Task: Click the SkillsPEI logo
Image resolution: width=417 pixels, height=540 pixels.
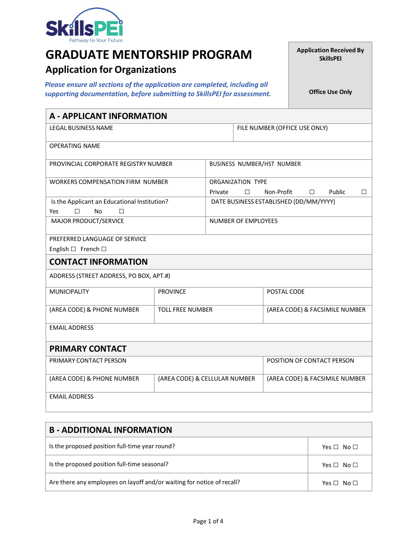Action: pyautogui.click(x=84, y=25)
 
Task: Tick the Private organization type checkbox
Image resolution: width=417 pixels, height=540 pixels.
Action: pyautogui.click(x=247, y=192)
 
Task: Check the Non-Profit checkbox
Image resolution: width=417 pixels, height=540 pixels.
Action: pyautogui.click(x=312, y=192)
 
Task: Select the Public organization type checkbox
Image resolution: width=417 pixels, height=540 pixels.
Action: pyautogui.click(x=364, y=192)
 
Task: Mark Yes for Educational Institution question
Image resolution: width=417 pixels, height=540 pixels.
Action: pyautogui.click(x=77, y=211)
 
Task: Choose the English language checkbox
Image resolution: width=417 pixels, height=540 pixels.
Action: pyautogui.click(x=73, y=249)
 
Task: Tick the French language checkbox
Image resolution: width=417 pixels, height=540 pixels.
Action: pyautogui.click(x=104, y=249)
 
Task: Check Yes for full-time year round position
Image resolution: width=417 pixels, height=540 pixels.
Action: pyautogui.click(x=336, y=447)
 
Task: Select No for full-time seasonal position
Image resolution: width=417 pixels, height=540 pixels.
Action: pyautogui.click(x=356, y=465)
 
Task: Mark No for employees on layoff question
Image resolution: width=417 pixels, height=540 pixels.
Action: pyautogui.click(x=356, y=483)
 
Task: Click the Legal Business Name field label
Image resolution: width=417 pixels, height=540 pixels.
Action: pyautogui.click(x=81, y=128)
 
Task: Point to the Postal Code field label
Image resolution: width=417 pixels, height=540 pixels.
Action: pyautogui.click(x=285, y=292)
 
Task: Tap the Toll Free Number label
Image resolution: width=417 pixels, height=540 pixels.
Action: pyautogui.click(x=185, y=310)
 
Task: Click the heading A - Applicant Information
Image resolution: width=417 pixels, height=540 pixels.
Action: pyautogui.click(x=108, y=116)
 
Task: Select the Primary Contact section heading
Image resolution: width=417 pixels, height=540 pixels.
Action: pyautogui.click(x=88, y=349)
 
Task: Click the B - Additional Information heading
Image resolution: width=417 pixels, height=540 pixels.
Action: pyautogui.click(x=111, y=430)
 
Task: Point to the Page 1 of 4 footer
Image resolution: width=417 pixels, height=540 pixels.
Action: pyautogui.click(x=208, y=521)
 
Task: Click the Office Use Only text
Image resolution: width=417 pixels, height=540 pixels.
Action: pyautogui.click(x=330, y=92)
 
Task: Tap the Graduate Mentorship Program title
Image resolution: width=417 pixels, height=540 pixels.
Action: pyautogui.click(x=149, y=54)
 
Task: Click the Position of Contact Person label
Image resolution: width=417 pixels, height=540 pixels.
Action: pyautogui.click(x=310, y=360)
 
